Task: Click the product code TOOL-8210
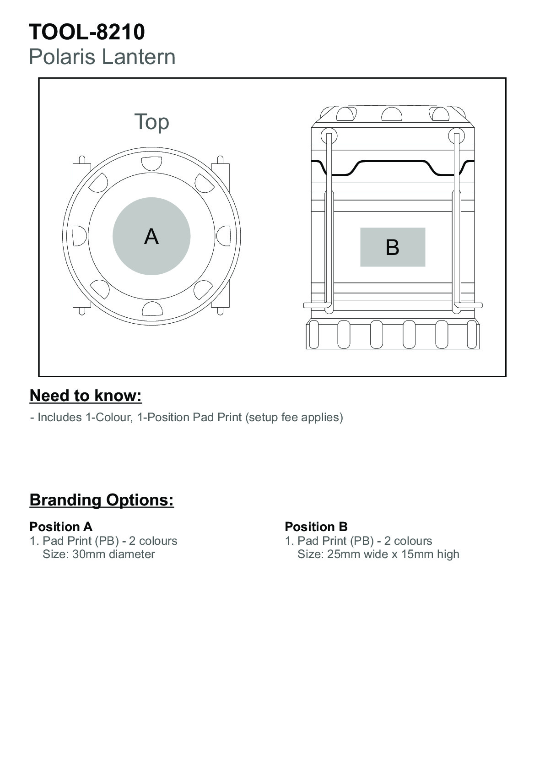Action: tap(86, 32)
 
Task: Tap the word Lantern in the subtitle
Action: tap(139, 57)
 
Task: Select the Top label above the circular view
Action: tap(152, 122)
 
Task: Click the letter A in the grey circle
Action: tap(151, 236)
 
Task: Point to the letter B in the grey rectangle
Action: tap(393, 247)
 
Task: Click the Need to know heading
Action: tap(86, 396)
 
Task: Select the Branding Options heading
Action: tap(102, 500)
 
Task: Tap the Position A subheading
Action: tap(61, 527)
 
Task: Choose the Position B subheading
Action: tap(316, 527)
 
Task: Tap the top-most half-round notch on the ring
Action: tap(152, 163)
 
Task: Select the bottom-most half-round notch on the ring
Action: tap(152, 309)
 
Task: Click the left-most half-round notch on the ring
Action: tap(80, 236)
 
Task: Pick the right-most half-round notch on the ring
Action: tap(224, 236)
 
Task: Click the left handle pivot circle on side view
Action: tap(329, 136)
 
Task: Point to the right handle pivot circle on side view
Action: tap(457, 136)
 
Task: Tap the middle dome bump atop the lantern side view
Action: tap(392, 114)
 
